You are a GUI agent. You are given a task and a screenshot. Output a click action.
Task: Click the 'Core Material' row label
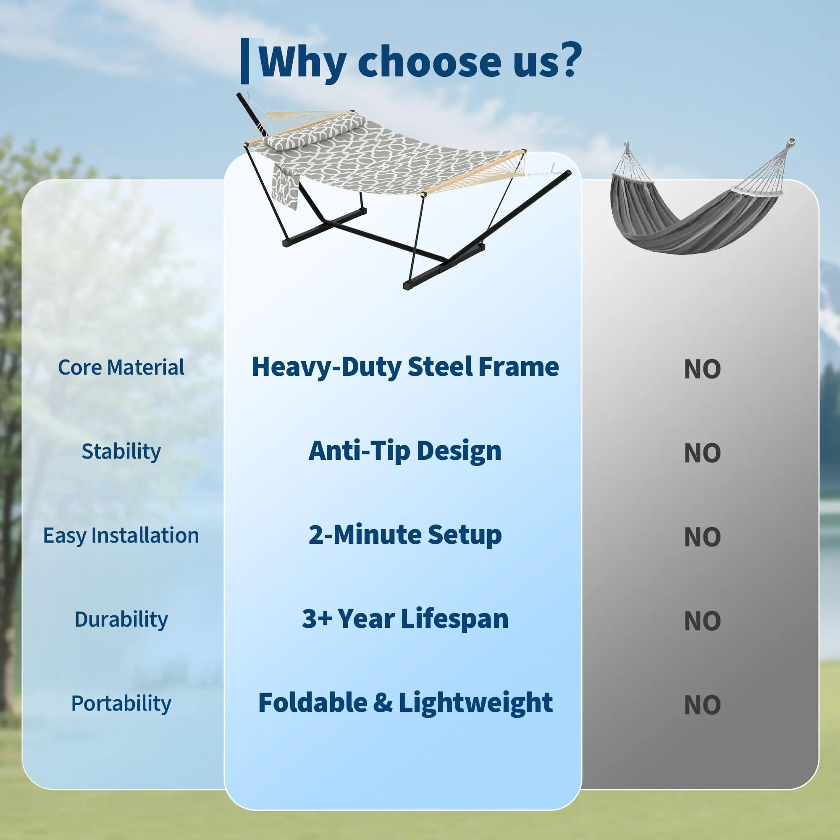coord(121,367)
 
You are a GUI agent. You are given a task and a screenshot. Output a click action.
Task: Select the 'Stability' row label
coord(121,451)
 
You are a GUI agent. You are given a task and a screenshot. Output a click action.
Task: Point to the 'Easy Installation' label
coord(121,535)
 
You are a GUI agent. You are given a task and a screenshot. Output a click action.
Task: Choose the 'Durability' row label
coord(121,619)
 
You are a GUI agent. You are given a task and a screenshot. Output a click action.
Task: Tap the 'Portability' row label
coord(121,703)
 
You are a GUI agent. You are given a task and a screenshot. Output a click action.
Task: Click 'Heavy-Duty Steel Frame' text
coord(405,368)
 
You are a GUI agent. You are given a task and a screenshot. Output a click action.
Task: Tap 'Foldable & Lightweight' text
coord(405,703)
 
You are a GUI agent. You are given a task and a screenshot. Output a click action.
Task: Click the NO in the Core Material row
coord(702,370)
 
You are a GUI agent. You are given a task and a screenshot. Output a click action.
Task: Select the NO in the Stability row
coord(702,454)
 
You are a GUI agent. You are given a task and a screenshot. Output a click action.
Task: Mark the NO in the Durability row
coord(702,621)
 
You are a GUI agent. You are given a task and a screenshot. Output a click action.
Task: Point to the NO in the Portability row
coord(702,705)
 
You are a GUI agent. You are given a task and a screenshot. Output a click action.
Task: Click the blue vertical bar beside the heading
coord(245,61)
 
